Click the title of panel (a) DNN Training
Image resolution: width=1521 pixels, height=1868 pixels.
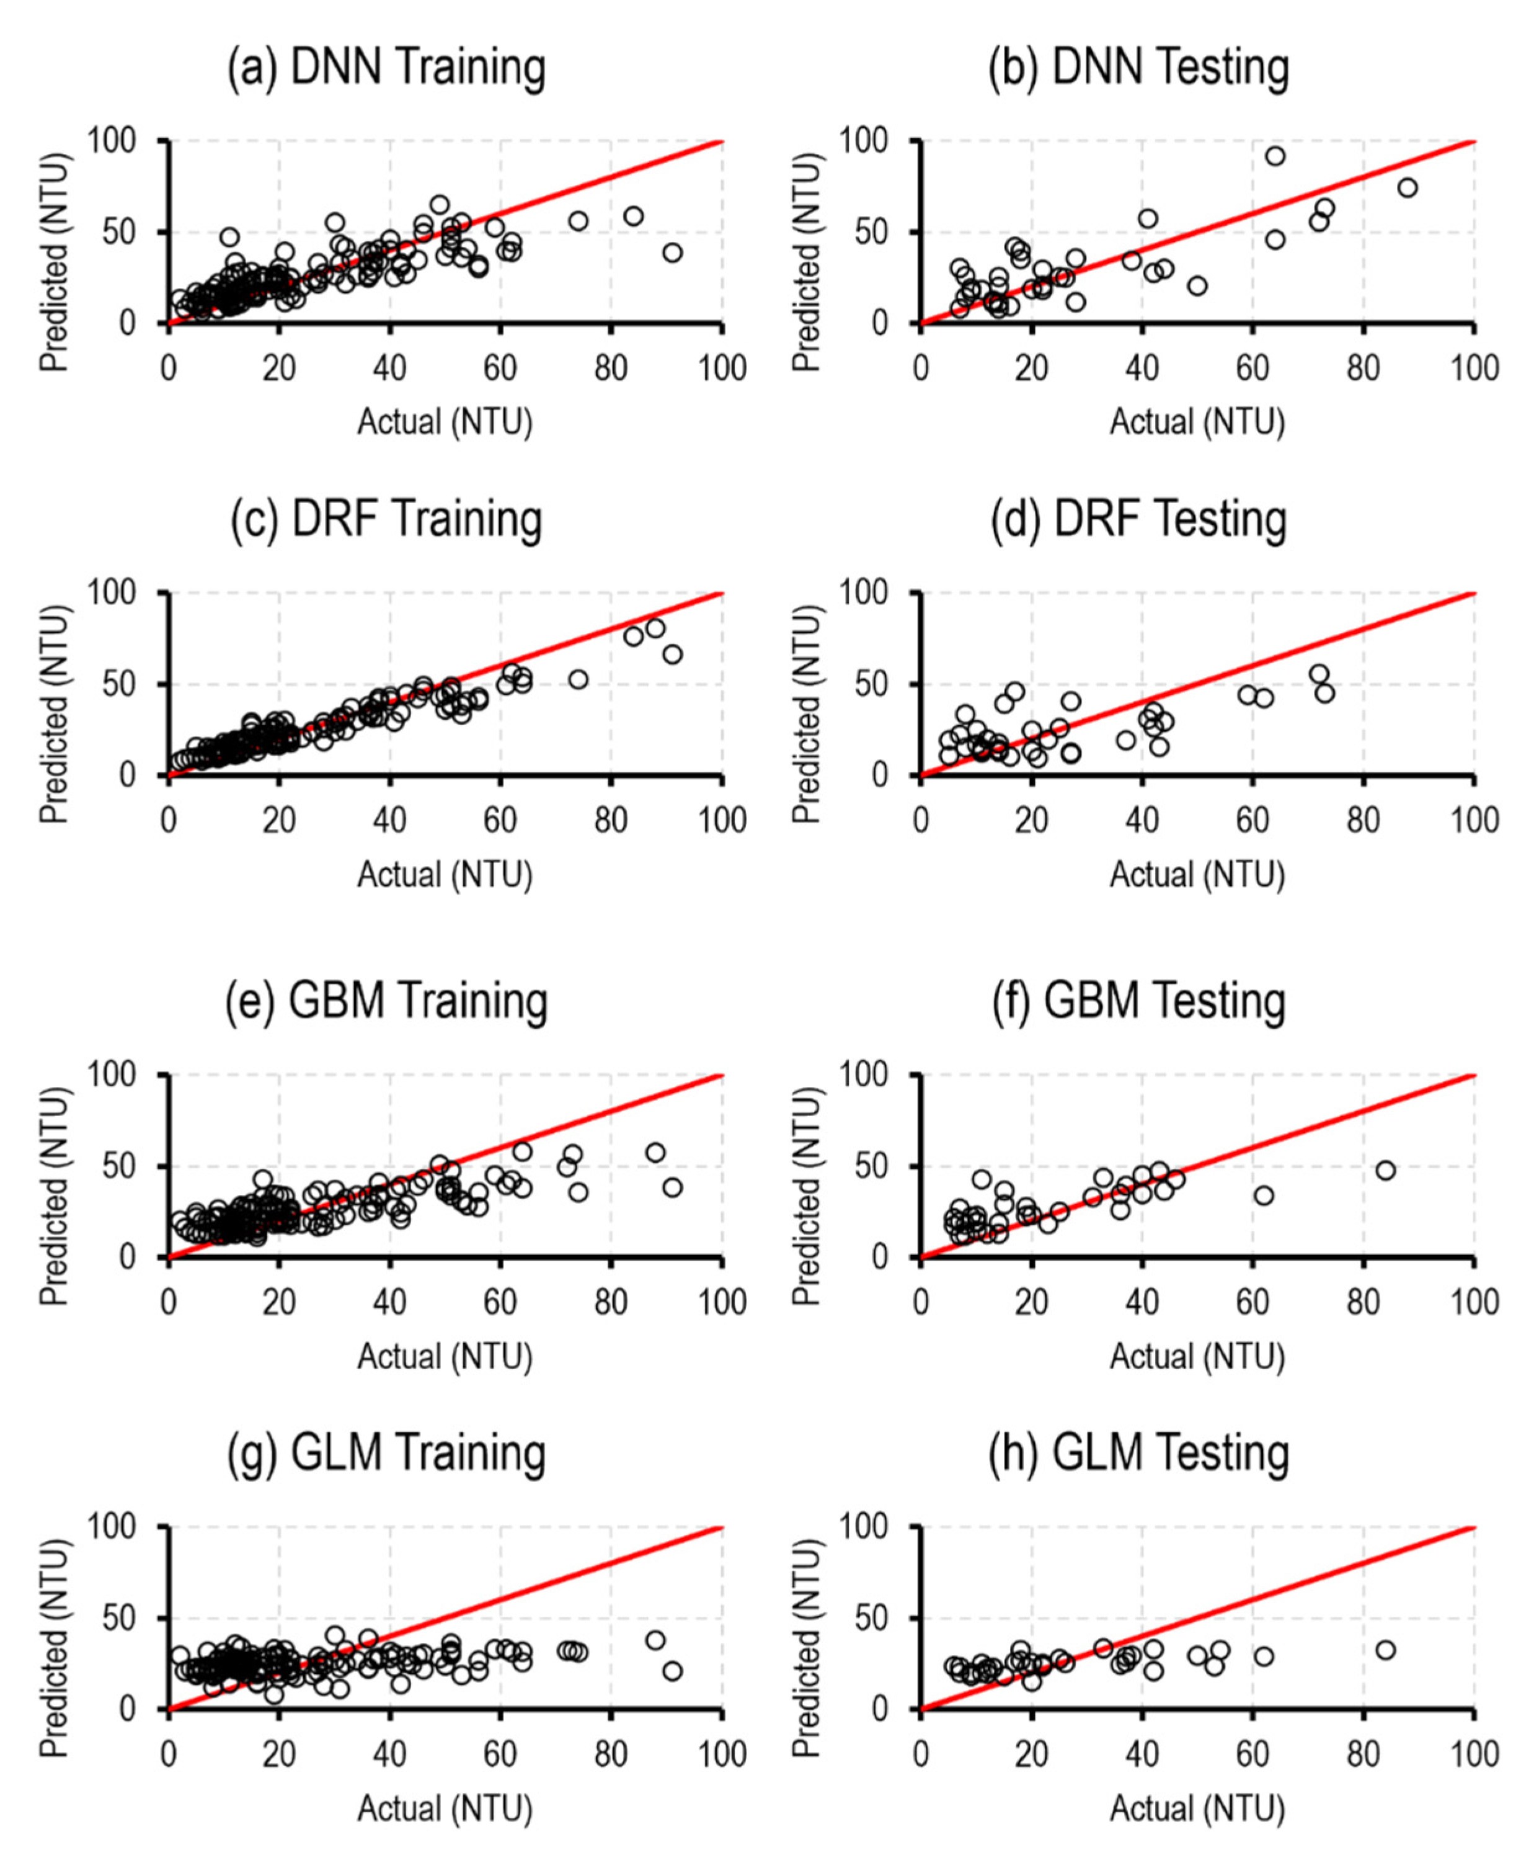[x=386, y=68]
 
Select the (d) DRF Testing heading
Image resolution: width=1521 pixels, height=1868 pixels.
[x=1138, y=520]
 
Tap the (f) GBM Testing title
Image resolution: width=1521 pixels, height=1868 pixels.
[x=1138, y=1002]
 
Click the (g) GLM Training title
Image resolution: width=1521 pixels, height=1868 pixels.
[x=386, y=1454]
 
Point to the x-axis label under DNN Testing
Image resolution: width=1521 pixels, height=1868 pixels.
[x=1197, y=422]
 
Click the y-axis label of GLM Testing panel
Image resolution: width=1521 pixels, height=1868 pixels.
[x=805, y=1648]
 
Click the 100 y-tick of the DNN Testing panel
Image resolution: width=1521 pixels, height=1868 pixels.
[x=863, y=141]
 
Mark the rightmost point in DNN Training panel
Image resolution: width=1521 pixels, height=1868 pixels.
[x=672, y=252]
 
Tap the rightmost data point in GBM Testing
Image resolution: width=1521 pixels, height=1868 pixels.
[x=1385, y=1170]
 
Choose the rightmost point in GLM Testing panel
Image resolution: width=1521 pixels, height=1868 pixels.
[x=1385, y=1650]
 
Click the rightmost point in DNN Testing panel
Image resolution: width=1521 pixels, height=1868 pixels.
[x=1407, y=187]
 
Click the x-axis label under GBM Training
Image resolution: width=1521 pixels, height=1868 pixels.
[x=444, y=1357]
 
